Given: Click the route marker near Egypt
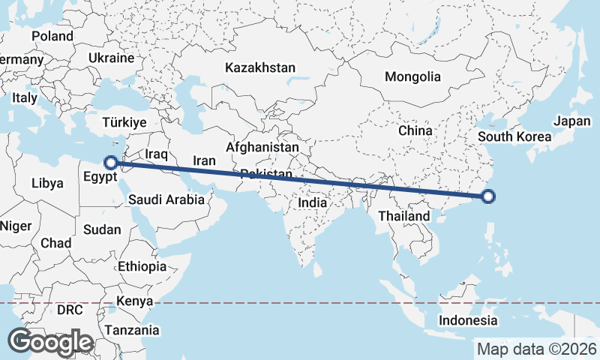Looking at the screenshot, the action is coord(110,162).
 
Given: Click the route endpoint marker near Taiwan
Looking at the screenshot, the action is coord(488,197).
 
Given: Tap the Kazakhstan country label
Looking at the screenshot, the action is coord(260,67).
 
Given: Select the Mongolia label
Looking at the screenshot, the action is coord(412,76).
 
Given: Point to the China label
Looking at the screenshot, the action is coord(415,130).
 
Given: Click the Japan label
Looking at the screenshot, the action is coord(572,121).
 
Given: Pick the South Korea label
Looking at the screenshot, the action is coord(514,136).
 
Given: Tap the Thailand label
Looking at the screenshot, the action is coord(404,216).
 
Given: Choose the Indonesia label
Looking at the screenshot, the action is coord(469,320).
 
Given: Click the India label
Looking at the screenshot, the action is coord(312,202).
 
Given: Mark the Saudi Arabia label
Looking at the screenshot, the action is coord(166,199).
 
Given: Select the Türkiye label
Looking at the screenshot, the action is coord(124,122).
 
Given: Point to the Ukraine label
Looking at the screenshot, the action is coord(111,58).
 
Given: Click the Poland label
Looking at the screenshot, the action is coord(52,36).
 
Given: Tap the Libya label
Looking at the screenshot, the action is coord(48,182).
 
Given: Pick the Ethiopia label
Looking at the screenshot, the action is coord(142,266).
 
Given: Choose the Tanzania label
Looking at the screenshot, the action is coord(132,330).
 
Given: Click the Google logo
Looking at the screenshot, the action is coord(50,342).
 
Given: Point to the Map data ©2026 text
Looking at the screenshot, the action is coord(537,349).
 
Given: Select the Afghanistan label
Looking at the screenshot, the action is coord(262,148).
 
